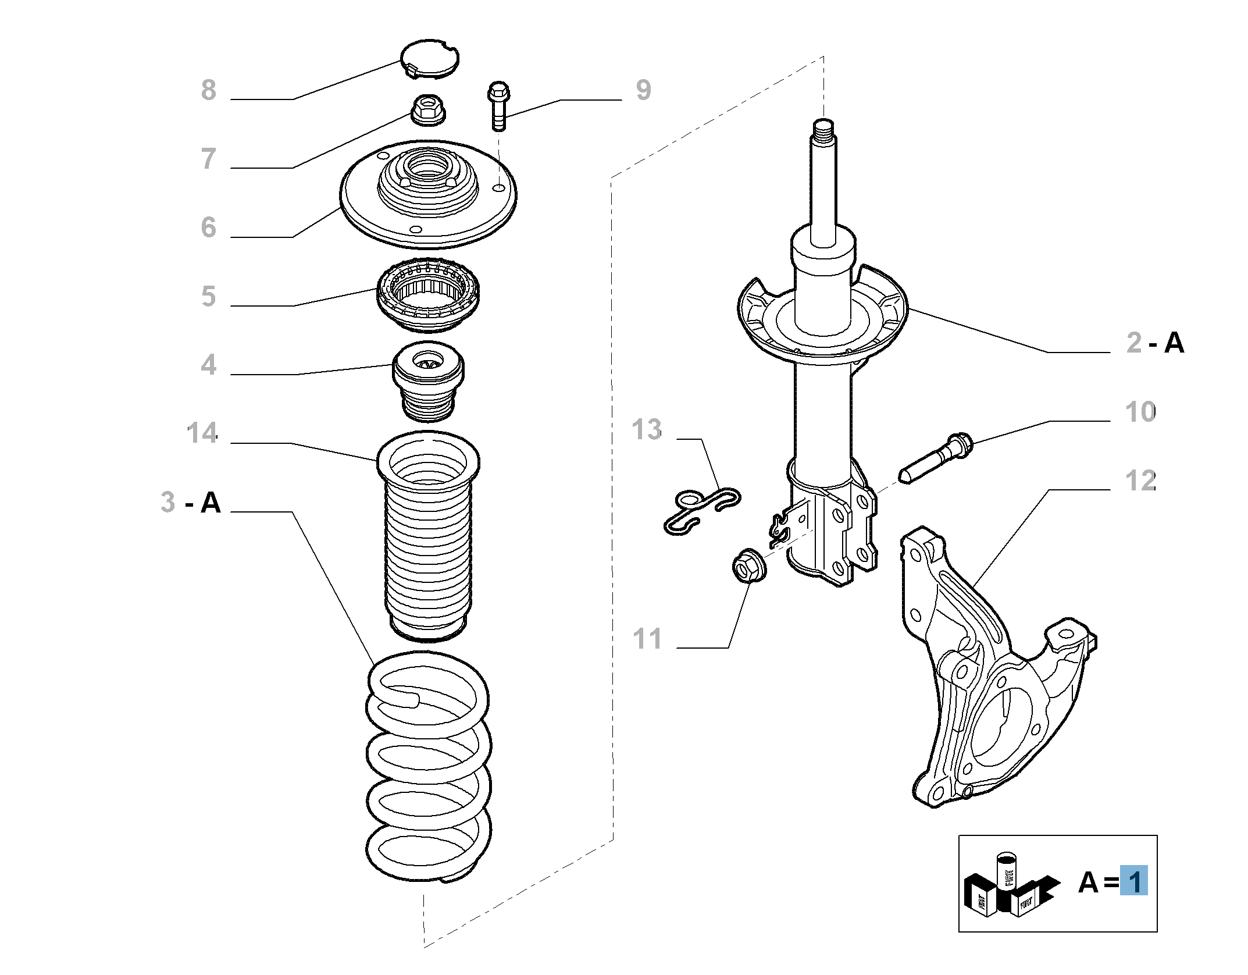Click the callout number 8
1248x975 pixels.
[x=208, y=90]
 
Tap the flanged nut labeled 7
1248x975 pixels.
[x=427, y=110]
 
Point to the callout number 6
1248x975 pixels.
[x=208, y=227]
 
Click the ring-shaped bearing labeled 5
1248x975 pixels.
[x=429, y=295]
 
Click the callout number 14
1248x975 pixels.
[x=202, y=433]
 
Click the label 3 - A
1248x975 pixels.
[x=191, y=502]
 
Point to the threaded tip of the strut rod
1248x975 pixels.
[x=823, y=129]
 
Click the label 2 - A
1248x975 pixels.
[x=1155, y=343]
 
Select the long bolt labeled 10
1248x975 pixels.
[x=935, y=460]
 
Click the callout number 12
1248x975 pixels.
[x=1140, y=481]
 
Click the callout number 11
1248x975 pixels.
[x=647, y=639]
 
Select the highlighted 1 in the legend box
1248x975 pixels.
[x=1133, y=881]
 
